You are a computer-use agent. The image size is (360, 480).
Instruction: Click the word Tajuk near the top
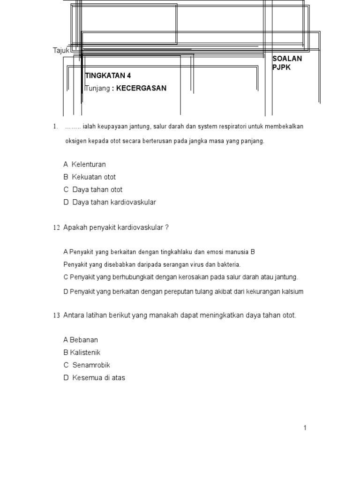(61, 50)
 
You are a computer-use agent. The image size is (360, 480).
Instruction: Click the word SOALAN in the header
(287, 59)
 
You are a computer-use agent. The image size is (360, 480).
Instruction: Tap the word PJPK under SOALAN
(281, 67)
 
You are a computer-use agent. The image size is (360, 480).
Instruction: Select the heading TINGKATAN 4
(108, 75)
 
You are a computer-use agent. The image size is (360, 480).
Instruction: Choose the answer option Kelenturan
(89, 165)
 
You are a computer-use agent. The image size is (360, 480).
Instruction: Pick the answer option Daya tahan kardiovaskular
(114, 202)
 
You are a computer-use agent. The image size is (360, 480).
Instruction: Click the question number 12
(56, 228)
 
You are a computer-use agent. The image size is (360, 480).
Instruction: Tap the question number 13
(56, 315)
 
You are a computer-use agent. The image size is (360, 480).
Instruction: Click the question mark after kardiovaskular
(166, 227)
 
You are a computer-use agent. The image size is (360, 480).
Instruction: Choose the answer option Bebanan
(84, 340)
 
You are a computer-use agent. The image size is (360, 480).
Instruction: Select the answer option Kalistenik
(85, 352)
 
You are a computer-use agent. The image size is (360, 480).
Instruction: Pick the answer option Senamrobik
(91, 365)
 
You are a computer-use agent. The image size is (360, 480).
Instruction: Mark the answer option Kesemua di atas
(98, 378)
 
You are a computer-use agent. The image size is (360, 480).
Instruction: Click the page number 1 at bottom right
(305, 427)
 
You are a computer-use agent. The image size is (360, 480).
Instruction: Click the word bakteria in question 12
(228, 264)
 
